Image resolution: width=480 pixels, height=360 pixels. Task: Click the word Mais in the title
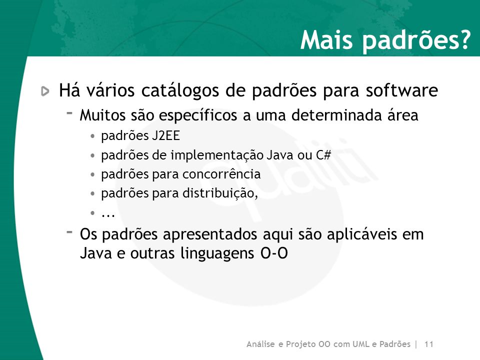pos(326,40)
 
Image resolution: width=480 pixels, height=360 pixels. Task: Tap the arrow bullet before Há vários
pos(45,91)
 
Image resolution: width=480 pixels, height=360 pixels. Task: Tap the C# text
pos(323,155)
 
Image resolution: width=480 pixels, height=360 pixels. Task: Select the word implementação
pos(217,155)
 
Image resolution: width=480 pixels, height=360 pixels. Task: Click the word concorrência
pos(221,174)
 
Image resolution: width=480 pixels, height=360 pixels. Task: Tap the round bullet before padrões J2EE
pos(93,136)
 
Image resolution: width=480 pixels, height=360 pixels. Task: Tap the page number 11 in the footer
pos(428,344)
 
